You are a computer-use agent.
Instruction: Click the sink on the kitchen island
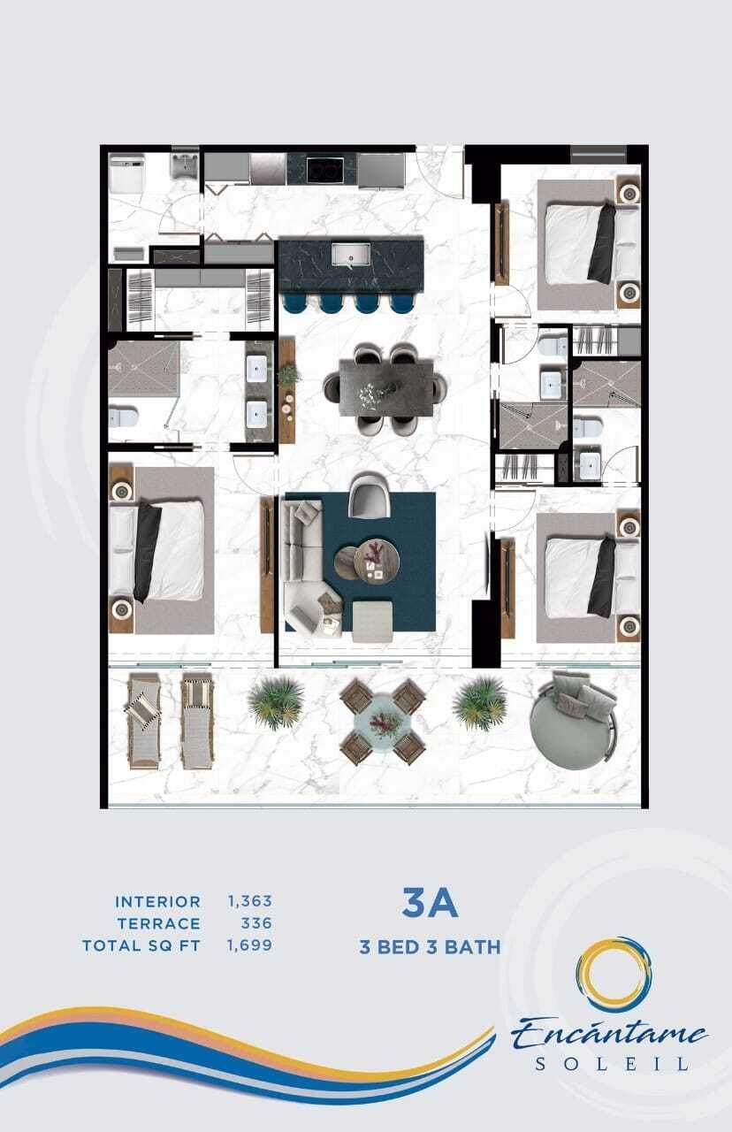[x=351, y=253]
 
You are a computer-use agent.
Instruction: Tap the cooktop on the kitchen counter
[x=325, y=169]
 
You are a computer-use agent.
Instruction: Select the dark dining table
[x=386, y=387]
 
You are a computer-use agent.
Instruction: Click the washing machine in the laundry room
[x=126, y=174]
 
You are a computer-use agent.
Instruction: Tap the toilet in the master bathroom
[x=123, y=417]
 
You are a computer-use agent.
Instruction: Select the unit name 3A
[x=431, y=904]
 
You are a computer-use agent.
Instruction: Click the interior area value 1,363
[x=249, y=900]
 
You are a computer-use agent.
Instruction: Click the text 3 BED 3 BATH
[x=430, y=946]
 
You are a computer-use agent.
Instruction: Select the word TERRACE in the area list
[x=159, y=923]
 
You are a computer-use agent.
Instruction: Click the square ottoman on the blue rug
[x=372, y=621]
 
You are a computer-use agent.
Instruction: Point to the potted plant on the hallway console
[x=288, y=375]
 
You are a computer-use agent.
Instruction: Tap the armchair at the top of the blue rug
[x=370, y=494]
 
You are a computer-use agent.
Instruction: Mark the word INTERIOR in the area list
[x=158, y=901]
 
